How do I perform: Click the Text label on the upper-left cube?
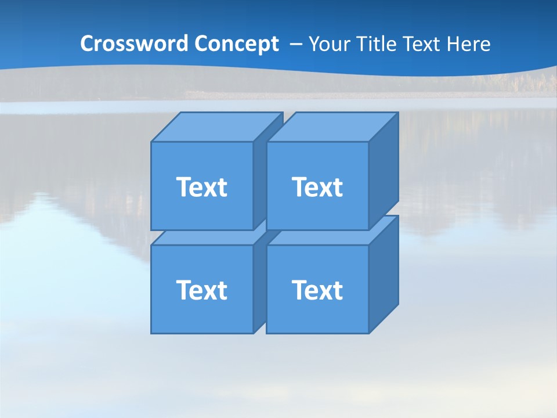point(201,187)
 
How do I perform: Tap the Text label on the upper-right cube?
point(317,187)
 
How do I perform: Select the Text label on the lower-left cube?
point(201,290)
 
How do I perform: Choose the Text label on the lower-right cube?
point(317,290)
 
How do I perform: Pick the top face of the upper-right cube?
point(332,127)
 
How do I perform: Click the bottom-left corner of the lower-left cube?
point(151,333)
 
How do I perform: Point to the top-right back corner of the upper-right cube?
point(398,113)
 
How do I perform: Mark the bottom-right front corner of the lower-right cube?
point(369,333)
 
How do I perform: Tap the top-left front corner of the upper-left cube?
point(151,142)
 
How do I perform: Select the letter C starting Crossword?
point(87,44)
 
